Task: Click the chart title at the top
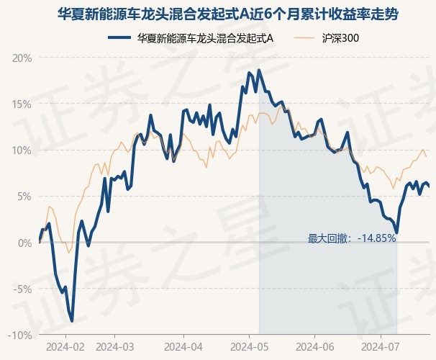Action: click(228, 14)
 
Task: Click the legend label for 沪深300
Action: click(340, 38)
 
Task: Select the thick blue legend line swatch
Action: click(119, 38)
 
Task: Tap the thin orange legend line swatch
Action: click(304, 38)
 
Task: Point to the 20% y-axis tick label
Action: click(22, 58)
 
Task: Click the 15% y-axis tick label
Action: click(22, 104)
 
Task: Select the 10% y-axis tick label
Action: click(22, 150)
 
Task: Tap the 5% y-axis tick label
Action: click(24, 197)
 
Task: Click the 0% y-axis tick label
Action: click(24, 243)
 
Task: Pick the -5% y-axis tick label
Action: click(22, 289)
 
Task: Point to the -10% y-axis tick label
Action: click(19, 336)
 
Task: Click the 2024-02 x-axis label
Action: click(65, 347)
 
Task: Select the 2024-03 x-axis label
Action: click(115, 347)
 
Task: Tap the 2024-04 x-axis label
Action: click(183, 347)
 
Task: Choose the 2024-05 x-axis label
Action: click(250, 347)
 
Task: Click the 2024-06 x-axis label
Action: click(314, 347)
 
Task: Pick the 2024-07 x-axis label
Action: click(380, 347)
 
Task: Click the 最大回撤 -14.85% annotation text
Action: click(352, 238)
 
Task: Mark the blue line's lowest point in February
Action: click(72, 321)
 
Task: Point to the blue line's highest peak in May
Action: click(259, 70)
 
